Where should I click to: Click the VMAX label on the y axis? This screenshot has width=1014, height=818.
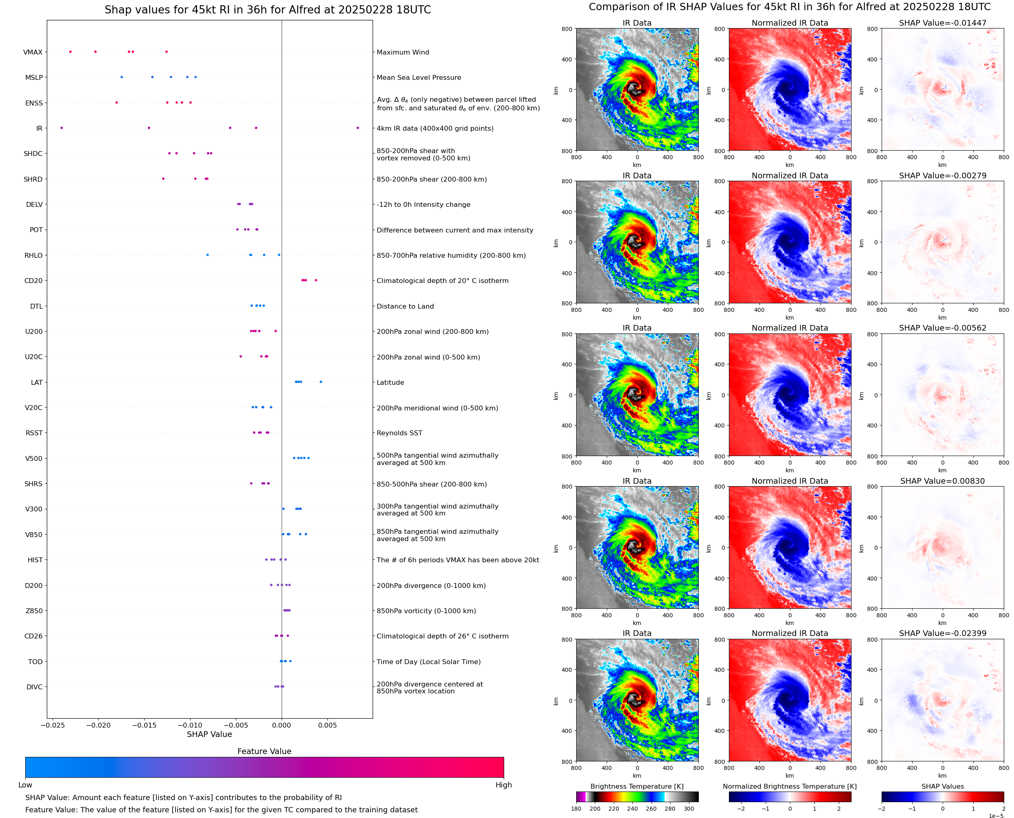[x=33, y=52]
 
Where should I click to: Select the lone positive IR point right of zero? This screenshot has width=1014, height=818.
[x=358, y=128]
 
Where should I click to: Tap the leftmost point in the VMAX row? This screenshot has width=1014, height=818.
[x=70, y=52]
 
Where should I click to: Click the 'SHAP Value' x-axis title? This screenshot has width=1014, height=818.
[x=209, y=734]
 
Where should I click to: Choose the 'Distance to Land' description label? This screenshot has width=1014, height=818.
[x=405, y=306]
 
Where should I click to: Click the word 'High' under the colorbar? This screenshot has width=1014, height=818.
[x=503, y=785]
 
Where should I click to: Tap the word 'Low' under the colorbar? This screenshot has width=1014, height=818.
[x=25, y=785]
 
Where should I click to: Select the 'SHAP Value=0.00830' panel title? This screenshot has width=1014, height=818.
[x=942, y=481]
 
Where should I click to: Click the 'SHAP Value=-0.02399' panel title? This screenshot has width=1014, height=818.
[x=942, y=633]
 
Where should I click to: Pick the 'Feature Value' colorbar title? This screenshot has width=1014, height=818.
[x=264, y=751]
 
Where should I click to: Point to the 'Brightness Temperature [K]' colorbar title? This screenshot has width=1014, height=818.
[x=636, y=786]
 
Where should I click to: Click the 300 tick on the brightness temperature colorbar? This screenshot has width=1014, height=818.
[x=688, y=809]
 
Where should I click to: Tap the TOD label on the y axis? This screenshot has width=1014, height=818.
[x=35, y=662]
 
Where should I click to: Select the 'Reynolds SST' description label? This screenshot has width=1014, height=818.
[x=399, y=433]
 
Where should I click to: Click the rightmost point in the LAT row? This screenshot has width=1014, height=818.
[x=321, y=382]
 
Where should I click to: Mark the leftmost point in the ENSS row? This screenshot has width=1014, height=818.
[x=116, y=102]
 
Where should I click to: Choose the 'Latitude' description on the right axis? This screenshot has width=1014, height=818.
[x=390, y=383]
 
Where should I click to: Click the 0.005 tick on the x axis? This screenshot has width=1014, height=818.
[x=327, y=725]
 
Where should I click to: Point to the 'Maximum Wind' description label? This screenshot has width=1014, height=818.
[x=403, y=52]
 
